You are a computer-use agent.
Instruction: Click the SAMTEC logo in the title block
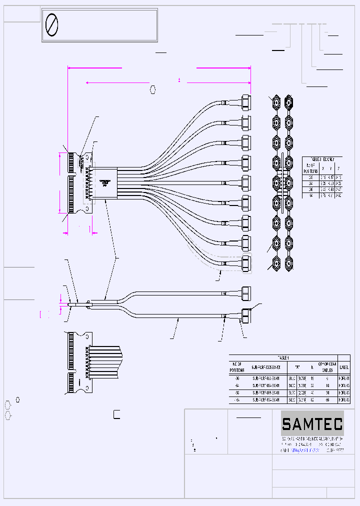312,424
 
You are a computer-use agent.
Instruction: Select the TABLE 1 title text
283,358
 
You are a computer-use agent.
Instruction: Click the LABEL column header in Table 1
344,367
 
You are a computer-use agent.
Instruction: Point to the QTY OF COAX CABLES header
327,367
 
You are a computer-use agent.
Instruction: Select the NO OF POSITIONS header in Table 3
311,168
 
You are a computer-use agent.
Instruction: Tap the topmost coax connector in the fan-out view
245,102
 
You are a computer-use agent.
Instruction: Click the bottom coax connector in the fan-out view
245,263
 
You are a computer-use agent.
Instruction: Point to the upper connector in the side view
245,292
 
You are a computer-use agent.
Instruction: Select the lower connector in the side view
245,316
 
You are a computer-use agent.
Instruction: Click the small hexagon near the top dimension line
153,89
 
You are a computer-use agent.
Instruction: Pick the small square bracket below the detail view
116,413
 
